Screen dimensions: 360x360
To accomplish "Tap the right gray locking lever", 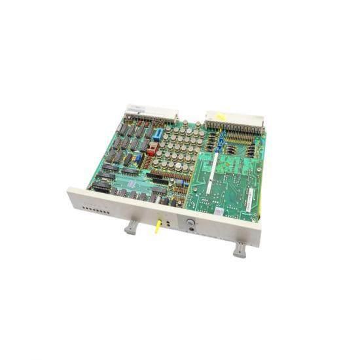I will coord(240,249).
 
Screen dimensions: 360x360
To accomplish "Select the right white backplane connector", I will coord(236,121).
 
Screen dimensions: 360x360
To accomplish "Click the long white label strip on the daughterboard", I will coord(210,173).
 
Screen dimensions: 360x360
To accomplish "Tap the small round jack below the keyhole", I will coord(192,232).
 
